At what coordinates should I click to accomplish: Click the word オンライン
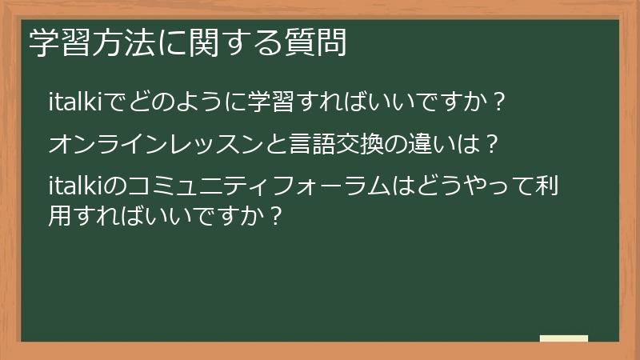106,146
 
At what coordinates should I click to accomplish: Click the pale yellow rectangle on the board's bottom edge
563,338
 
